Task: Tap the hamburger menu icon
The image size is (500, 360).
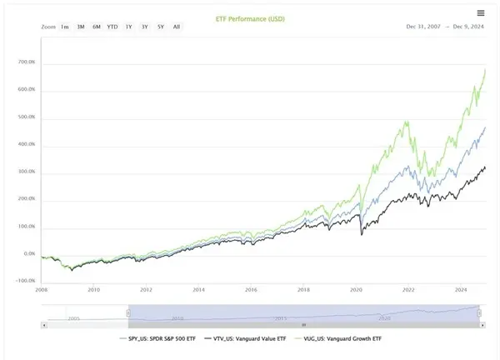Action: tap(481, 12)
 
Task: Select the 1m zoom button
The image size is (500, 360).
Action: tap(65, 27)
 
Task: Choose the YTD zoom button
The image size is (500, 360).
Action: tap(112, 27)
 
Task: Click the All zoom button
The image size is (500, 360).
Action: tap(177, 27)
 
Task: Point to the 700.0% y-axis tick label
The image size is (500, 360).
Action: tap(26, 62)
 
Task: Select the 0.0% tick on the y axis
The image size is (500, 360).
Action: tap(29, 254)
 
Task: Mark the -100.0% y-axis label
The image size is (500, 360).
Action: tap(25, 281)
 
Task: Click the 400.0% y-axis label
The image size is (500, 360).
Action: tap(26, 145)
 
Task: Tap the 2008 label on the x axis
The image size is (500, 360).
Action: tap(42, 290)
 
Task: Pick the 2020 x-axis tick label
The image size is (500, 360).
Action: tap(356, 290)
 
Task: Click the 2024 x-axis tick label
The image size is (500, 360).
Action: tap(461, 290)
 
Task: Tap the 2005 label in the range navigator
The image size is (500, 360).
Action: tap(73, 317)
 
